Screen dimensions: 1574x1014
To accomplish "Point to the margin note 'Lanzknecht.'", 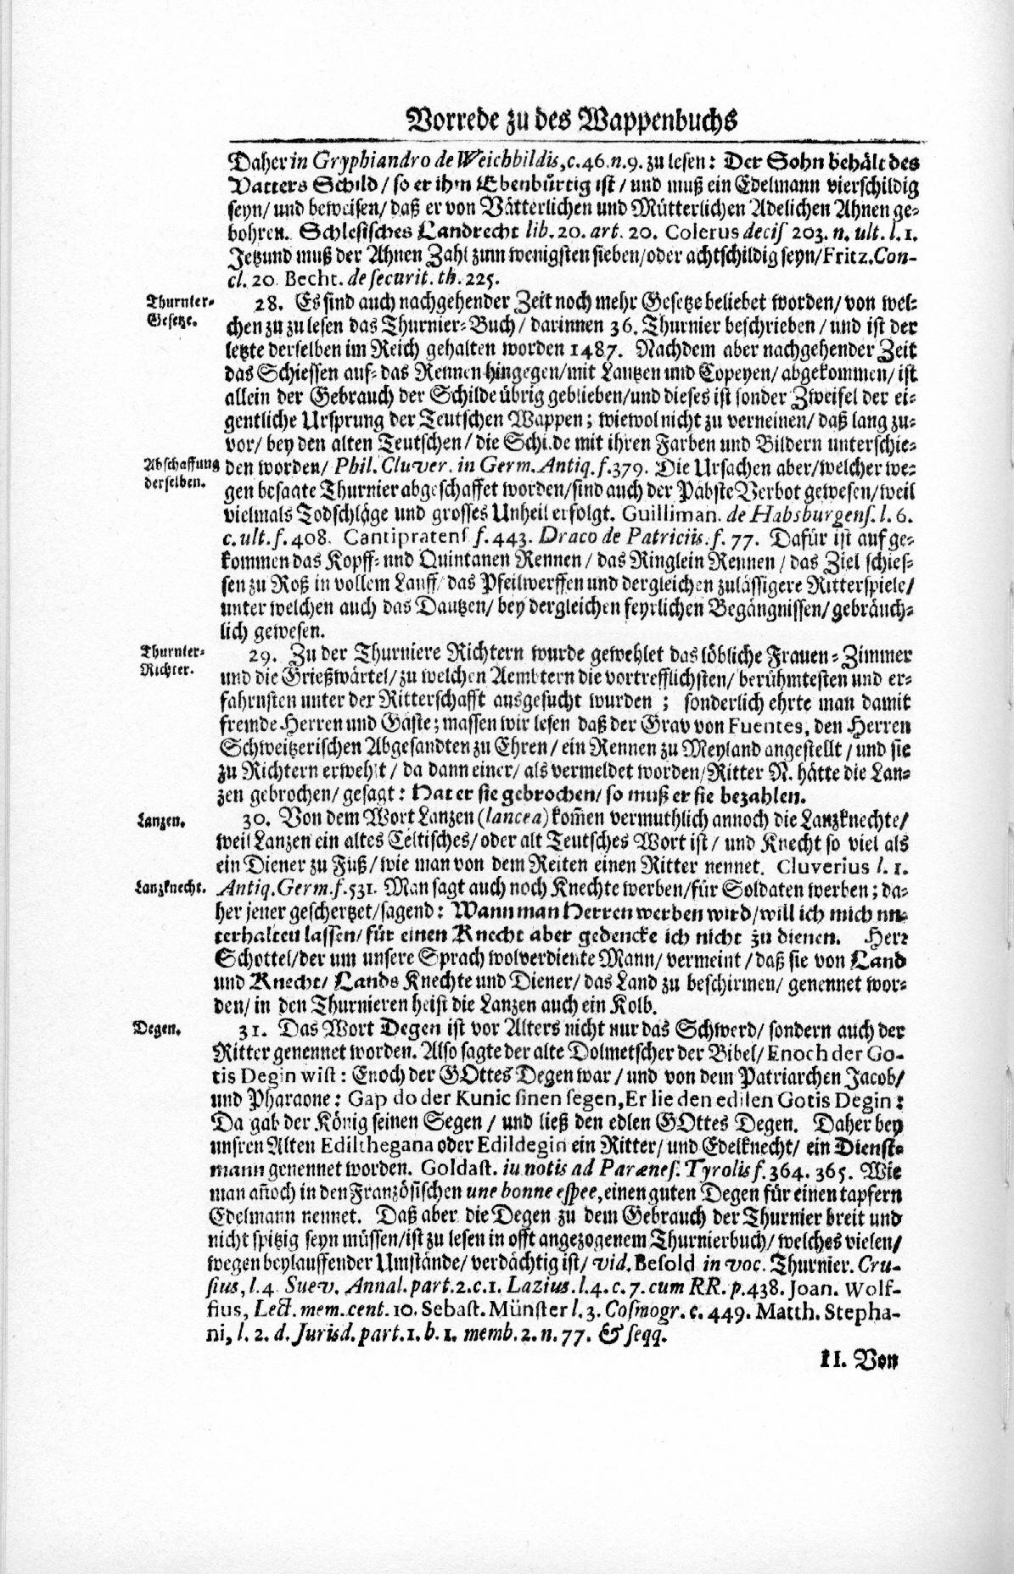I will pyautogui.click(x=171, y=888).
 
